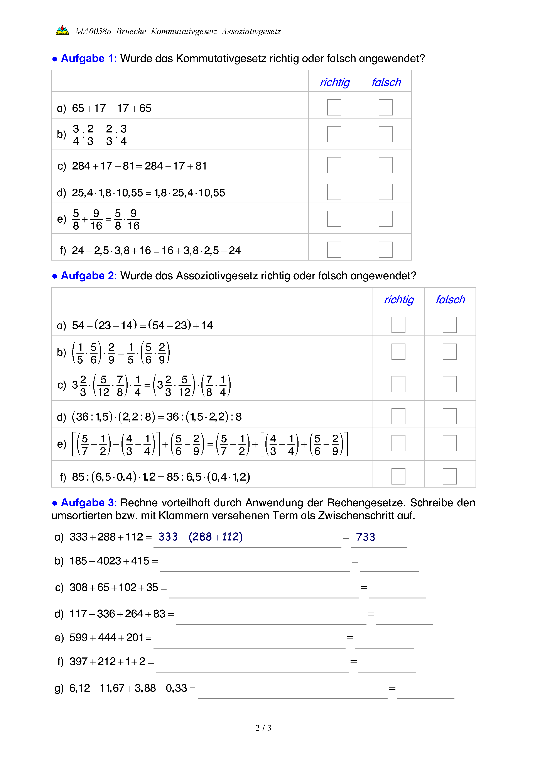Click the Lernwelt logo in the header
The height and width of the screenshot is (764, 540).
(62, 30)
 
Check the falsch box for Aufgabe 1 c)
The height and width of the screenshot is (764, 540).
(385, 165)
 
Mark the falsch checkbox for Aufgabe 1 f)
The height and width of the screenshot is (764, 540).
(385, 250)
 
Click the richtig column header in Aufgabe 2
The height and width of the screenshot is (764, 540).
(399, 300)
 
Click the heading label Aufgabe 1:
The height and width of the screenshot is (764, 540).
(89, 59)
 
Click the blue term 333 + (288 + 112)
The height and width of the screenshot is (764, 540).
(201, 537)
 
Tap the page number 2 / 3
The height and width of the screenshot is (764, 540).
(263, 728)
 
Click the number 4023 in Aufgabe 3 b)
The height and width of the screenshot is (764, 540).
(109, 561)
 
